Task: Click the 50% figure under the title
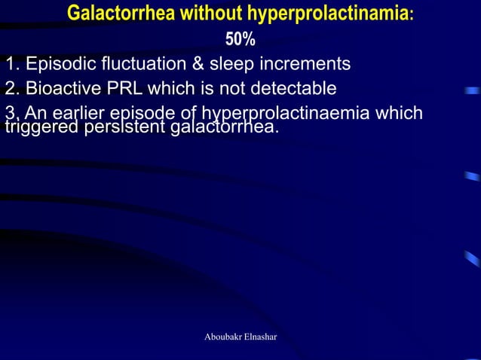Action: pos(240,39)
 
